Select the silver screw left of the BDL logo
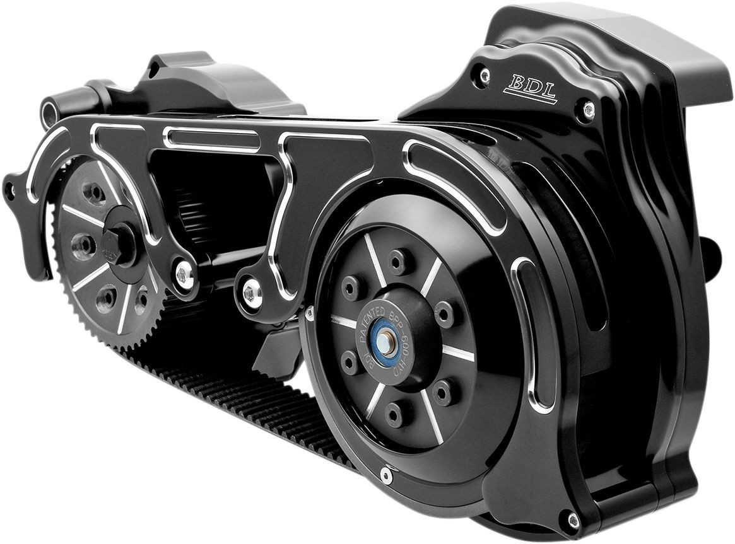pyautogui.click(x=485, y=75)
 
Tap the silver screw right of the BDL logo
pyautogui.click(x=589, y=108)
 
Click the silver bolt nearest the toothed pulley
pyautogui.click(x=184, y=274)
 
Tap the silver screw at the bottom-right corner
pyautogui.click(x=573, y=521)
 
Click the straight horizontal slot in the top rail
pyautogui.click(x=211, y=141)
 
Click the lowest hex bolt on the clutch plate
pyautogui.click(x=394, y=413)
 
